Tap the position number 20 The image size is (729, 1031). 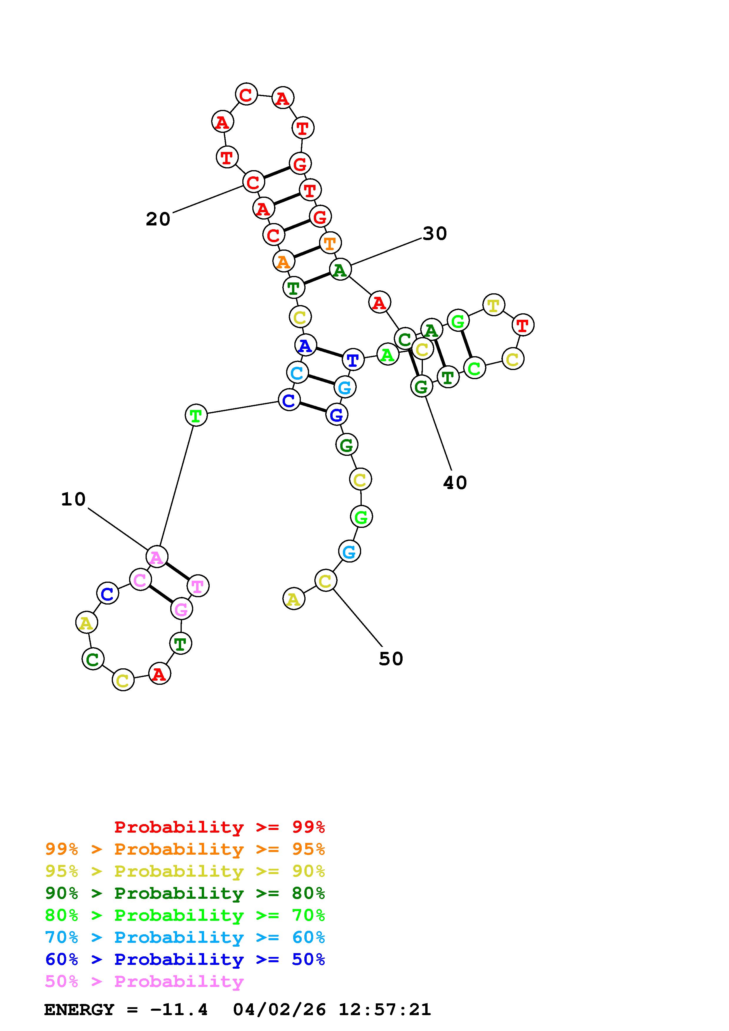[158, 219]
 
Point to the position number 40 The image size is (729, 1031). [455, 483]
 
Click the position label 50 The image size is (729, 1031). [391, 659]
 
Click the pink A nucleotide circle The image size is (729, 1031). [157, 557]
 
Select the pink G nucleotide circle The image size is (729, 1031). [181, 609]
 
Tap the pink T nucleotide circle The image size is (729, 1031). [198, 586]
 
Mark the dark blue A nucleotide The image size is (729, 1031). [306, 346]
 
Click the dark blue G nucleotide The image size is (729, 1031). [336, 415]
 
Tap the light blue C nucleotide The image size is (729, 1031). [297, 373]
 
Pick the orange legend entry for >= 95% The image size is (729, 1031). [185, 849]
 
